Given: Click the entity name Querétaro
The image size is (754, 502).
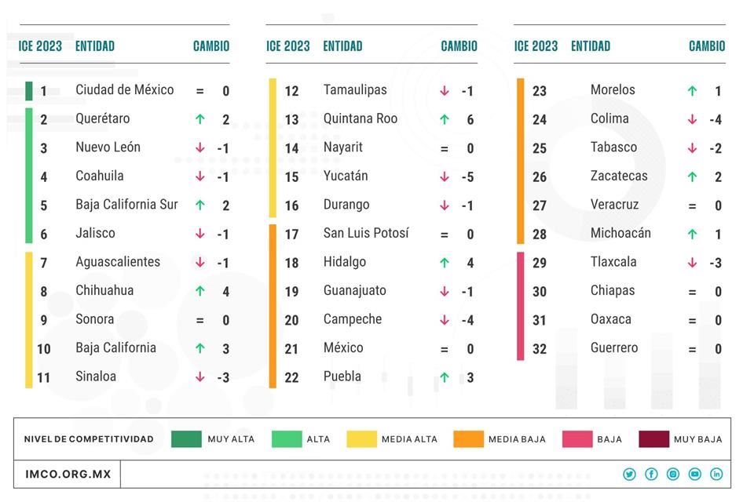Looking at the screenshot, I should point(103,119).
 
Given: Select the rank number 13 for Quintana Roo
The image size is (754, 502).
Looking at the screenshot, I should point(291,120).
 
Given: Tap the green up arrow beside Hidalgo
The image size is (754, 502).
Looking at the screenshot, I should point(445,263).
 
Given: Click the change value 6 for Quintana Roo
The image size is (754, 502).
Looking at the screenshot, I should point(470,120).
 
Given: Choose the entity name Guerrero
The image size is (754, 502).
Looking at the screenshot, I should point(614,348).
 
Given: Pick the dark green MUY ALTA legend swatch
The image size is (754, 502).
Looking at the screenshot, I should point(187,438).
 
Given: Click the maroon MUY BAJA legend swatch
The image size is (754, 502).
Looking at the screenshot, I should point(653,438).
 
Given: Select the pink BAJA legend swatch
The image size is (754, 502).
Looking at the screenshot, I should point(577,438).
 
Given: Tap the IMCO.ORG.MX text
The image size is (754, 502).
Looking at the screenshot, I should point(68,475).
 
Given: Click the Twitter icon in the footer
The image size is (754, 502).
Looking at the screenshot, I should point(629,475).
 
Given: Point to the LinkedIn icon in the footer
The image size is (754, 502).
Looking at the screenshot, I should point(716,475).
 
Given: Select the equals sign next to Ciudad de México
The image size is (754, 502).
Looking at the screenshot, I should point(199,91).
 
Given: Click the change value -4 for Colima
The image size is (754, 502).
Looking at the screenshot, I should point(715,120).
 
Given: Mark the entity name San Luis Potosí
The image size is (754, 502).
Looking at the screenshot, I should point(366,234).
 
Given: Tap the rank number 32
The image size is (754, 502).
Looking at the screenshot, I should point(540,349).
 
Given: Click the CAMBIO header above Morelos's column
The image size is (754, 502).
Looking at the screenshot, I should point(707,46).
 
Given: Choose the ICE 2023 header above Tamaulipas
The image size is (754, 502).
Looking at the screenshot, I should point(288,46).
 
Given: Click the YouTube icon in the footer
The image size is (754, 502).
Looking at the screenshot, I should point(694,475).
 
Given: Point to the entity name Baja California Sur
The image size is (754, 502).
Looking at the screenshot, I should point(126,205).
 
